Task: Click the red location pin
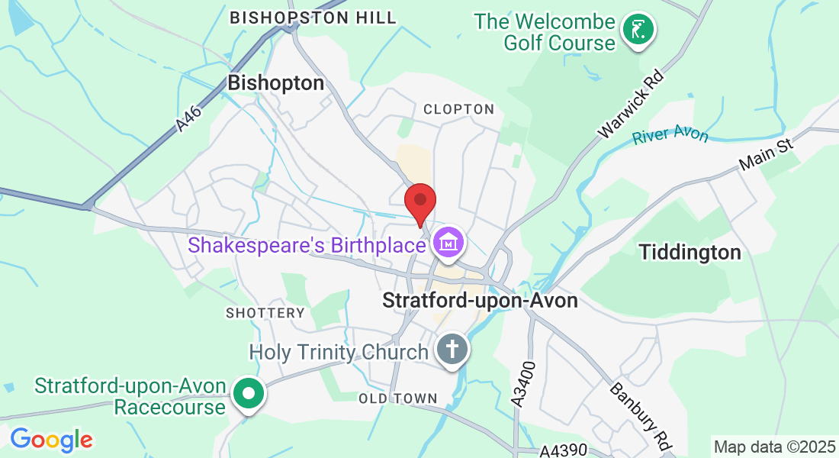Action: (419, 202)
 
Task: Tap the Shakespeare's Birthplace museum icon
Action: (448, 244)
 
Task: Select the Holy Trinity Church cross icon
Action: (452, 351)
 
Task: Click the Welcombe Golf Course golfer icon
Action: (638, 31)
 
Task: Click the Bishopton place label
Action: (276, 83)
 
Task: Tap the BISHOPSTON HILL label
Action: (313, 18)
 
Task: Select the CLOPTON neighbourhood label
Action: (459, 109)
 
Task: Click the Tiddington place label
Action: (690, 252)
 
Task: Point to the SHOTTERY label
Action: (265, 313)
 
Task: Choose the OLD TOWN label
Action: (398, 398)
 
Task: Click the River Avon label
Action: (670, 135)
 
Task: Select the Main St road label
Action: (767, 155)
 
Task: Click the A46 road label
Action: (188, 120)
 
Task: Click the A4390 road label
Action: (564, 451)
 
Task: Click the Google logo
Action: (51, 440)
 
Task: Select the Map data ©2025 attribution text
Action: (773, 446)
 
